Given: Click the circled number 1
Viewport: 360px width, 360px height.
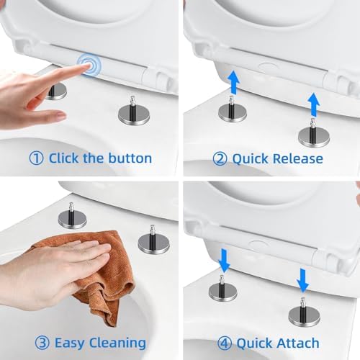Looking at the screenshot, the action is tap(36, 158).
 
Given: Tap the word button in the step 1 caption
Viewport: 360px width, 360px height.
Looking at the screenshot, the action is tap(130, 158).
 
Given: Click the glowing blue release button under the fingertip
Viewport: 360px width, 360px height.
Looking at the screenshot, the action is tap(89, 65).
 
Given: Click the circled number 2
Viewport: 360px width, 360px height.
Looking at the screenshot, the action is tap(220, 159).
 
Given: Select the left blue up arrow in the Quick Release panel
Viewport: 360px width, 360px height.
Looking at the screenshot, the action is tap(233, 82).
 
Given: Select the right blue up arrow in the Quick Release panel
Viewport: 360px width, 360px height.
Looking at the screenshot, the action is tap(314, 104).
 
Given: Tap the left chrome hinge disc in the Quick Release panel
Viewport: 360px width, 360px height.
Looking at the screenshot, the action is tap(233, 114).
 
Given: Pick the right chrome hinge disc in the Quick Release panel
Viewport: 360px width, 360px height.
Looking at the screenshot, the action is tap(314, 137).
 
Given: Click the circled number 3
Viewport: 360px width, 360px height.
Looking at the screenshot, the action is tap(42, 343).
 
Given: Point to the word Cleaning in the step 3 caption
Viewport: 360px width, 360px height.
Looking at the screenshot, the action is tap(117, 343).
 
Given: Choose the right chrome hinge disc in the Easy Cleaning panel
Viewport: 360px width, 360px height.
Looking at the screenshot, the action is tap(154, 243).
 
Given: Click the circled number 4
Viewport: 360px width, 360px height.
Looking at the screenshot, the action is tap(225, 343).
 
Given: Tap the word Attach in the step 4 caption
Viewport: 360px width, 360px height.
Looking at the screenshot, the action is tap(298, 343).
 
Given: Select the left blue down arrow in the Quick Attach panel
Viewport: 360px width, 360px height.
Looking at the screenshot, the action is tap(224, 261).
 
